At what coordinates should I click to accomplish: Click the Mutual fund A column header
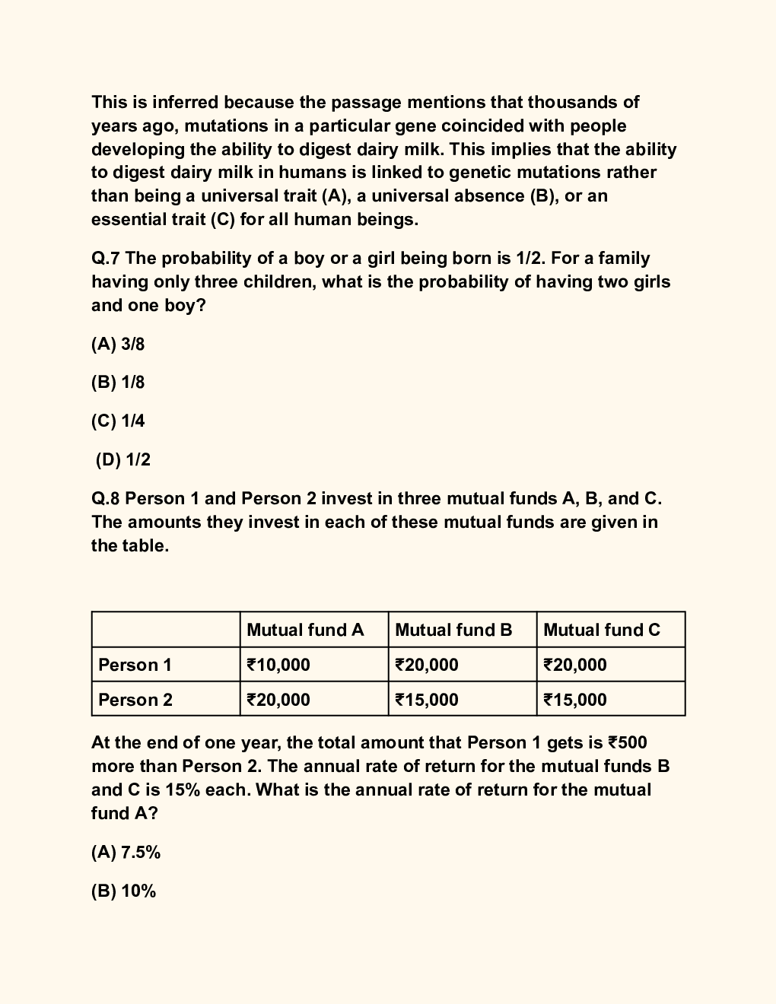305,630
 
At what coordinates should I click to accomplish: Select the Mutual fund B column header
453,630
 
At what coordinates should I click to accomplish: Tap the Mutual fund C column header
602,630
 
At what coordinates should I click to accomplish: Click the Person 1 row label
135,665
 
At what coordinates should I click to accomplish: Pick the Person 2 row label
135,700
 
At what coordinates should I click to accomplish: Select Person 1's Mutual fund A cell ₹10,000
278,665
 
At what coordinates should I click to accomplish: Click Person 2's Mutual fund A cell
278,700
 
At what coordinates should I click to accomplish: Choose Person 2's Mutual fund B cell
427,700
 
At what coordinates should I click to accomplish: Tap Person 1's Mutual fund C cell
575,665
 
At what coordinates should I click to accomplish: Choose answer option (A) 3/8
118,345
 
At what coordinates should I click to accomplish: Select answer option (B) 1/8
118,383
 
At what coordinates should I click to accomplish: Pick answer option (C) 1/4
118,421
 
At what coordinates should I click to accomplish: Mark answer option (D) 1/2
123,460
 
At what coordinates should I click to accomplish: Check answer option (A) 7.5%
126,853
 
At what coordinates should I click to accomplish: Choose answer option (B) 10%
123,891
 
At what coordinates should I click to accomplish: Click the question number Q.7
106,259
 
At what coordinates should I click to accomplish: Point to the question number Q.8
106,499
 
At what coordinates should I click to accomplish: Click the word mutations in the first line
222,125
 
